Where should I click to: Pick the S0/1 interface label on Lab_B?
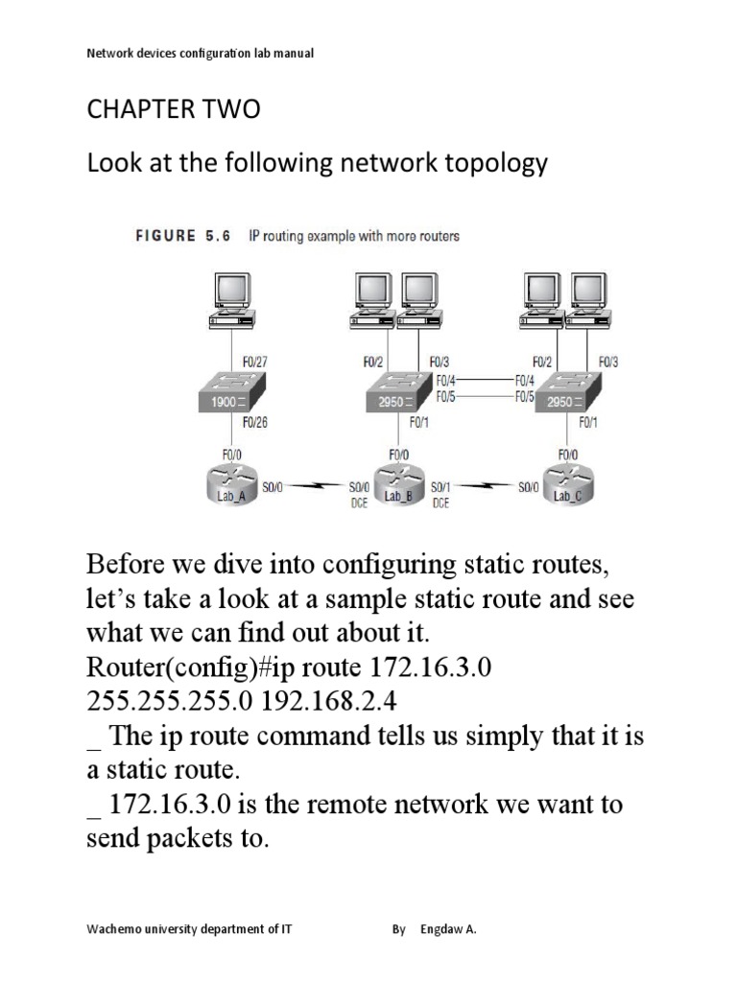(442, 487)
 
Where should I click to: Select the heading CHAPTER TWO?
(173, 110)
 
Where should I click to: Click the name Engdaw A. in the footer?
(448, 929)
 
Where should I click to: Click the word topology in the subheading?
(493, 163)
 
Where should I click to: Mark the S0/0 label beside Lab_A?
(272, 487)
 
